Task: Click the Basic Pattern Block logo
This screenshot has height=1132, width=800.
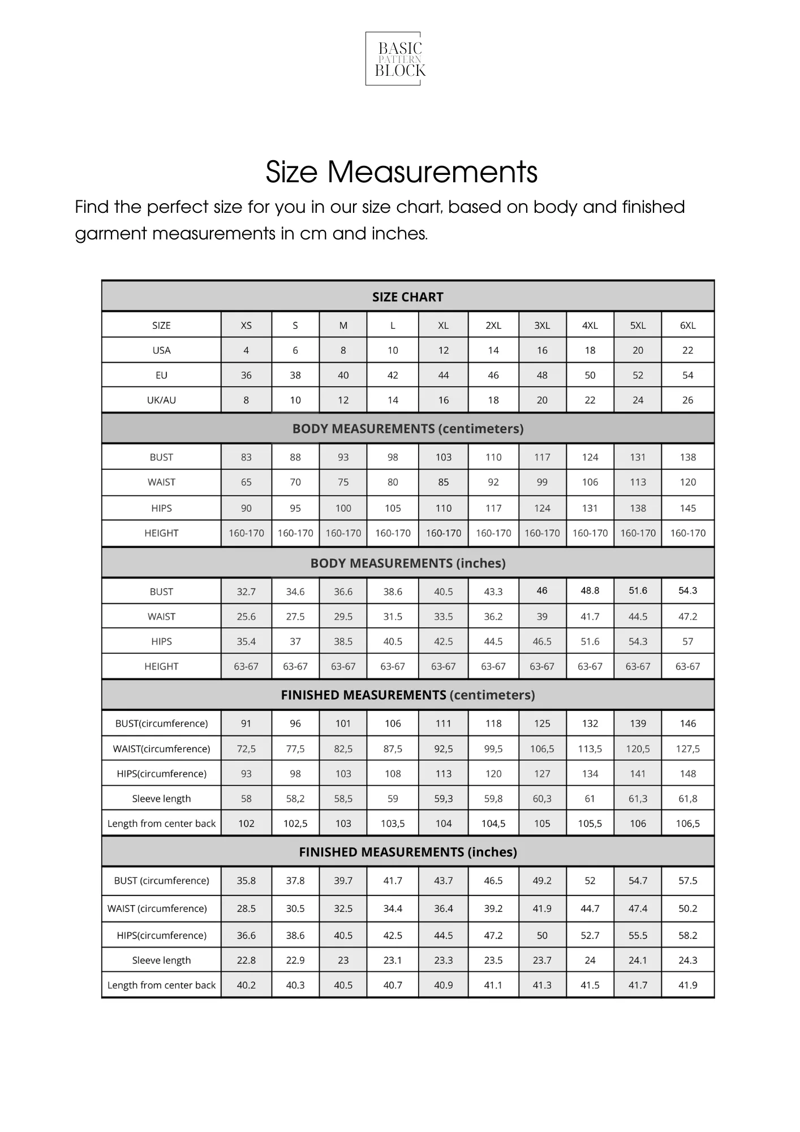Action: tap(399, 59)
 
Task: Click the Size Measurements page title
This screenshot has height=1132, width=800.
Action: tap(401, 171)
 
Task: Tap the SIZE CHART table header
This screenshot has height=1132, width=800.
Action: tap(407, 297)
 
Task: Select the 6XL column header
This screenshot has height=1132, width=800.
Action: tap(687, 325)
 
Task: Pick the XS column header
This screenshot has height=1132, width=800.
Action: tap(246, 325)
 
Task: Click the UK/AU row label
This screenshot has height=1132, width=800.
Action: tap(161, 400)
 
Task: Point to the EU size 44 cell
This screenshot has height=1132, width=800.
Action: tap(443, 375)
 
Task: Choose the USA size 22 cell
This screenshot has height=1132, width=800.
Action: tap(687, 350)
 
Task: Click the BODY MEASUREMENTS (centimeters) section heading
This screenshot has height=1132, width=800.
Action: tap(407, 428)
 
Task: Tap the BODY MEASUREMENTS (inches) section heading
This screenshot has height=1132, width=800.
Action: tap(407, 563)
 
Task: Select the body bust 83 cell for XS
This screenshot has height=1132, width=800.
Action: tap(246, 457)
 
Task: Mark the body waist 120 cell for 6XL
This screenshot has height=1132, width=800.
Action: tap(687, 482)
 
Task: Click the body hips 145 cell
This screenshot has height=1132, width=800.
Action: tap(687, 508)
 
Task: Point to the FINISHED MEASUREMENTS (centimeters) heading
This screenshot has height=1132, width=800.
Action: tap(407, 695)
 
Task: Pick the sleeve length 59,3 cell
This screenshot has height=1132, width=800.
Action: tap(443, 799)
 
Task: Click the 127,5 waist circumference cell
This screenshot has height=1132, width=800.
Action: tap(687, 749)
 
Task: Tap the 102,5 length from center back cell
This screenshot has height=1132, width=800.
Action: tap(295, 824)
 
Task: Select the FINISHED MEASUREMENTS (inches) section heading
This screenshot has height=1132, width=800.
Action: tap(407, 852)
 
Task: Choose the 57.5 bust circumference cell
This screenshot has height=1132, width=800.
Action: tap(687, 881)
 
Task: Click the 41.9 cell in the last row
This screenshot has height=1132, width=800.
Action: tap(687, 985)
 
